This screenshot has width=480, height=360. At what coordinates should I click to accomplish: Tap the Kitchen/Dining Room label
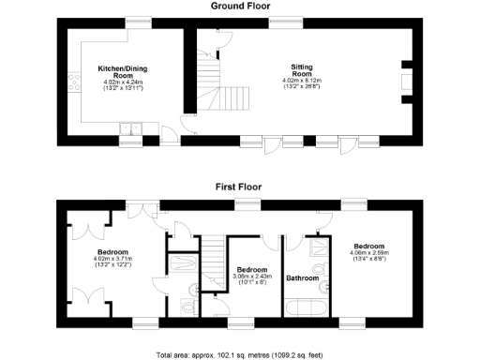124,72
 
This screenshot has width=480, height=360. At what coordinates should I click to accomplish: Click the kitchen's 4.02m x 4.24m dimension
124,82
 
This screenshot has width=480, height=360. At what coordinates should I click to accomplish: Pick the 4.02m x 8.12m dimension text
302,81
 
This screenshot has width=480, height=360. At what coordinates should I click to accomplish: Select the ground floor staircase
217,84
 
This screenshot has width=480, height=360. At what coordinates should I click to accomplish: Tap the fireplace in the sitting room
405,80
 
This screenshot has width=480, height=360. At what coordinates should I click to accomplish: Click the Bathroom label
303,278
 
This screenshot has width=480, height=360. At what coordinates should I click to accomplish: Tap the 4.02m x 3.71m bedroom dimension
114,259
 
